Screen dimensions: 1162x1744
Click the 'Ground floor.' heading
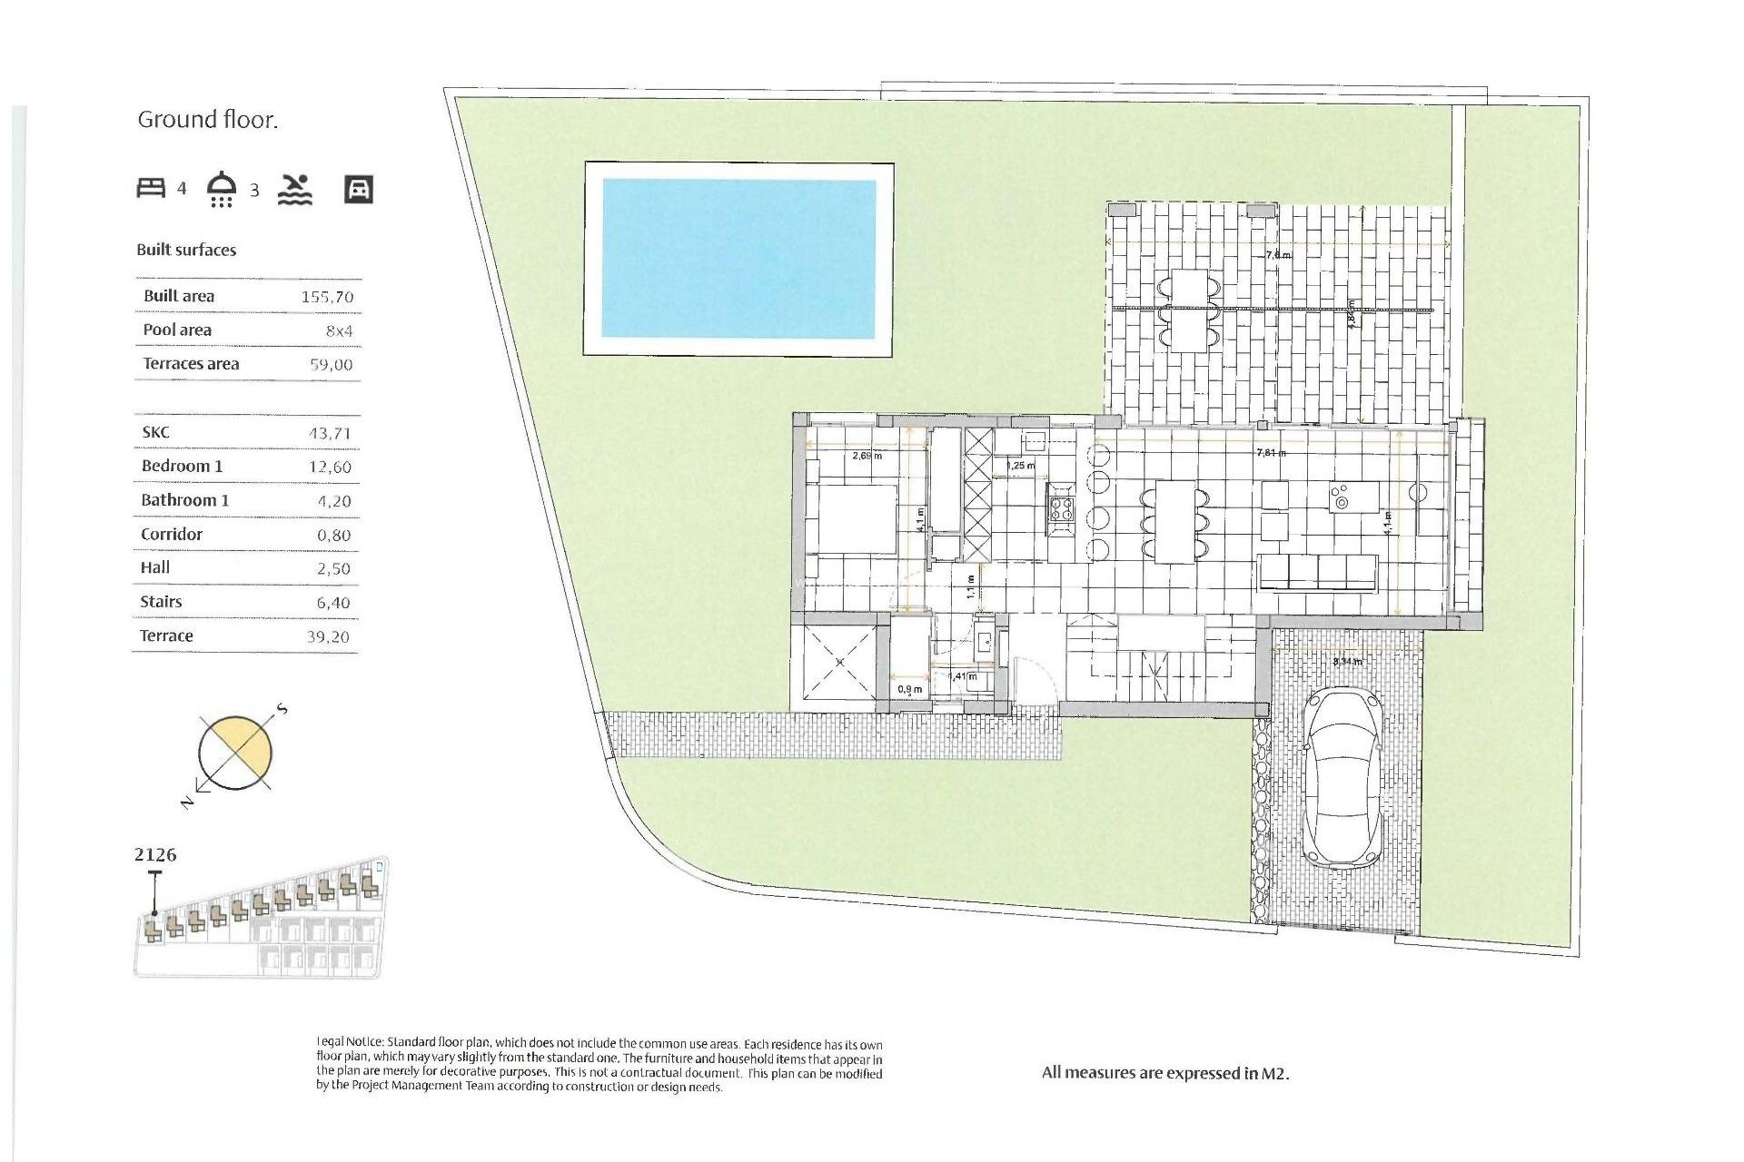tap(207, 120)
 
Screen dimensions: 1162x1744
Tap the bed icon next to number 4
tap(151, 188)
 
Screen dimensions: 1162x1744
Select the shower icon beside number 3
tap(222, 189)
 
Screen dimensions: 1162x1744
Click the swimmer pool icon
tap(294, 189)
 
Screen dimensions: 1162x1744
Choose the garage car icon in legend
tap(359, 189)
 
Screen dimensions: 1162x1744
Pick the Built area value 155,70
tap(327, 297)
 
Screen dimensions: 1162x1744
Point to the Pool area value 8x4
tap(339, 331)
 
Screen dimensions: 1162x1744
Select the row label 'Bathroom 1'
tap(184, 500)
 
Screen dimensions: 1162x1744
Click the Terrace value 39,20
tap(328, 637)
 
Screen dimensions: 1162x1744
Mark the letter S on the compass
tap(282, 708)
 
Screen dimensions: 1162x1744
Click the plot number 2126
tap(155, 855)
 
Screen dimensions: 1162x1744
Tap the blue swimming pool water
tap(738, 259)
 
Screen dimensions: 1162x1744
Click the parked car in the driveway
tap(1344, 776)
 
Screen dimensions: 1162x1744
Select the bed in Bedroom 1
tap(852, 519)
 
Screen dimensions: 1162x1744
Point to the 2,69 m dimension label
tap(867, 456)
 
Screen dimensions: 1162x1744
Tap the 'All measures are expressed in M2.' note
tap(1165, 1073)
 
